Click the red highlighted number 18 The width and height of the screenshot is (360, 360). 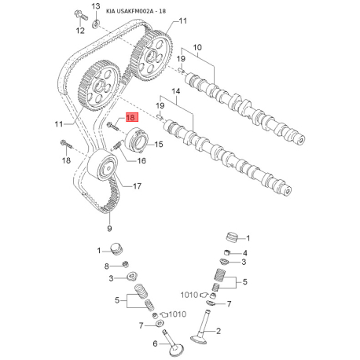point(131,117)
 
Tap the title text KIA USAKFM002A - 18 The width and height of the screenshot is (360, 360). point(136,11)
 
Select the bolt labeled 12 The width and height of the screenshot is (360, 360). point(81,15)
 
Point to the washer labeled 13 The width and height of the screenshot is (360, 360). point(96,24)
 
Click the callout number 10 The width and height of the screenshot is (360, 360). point(197,47)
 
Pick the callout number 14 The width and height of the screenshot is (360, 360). point(176,91)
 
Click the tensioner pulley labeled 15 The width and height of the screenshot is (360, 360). point(137,140)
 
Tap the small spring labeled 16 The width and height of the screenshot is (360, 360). point(118,145)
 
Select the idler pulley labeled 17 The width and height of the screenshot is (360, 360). point(103,165)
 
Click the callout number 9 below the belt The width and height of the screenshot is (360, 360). point(109,228)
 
